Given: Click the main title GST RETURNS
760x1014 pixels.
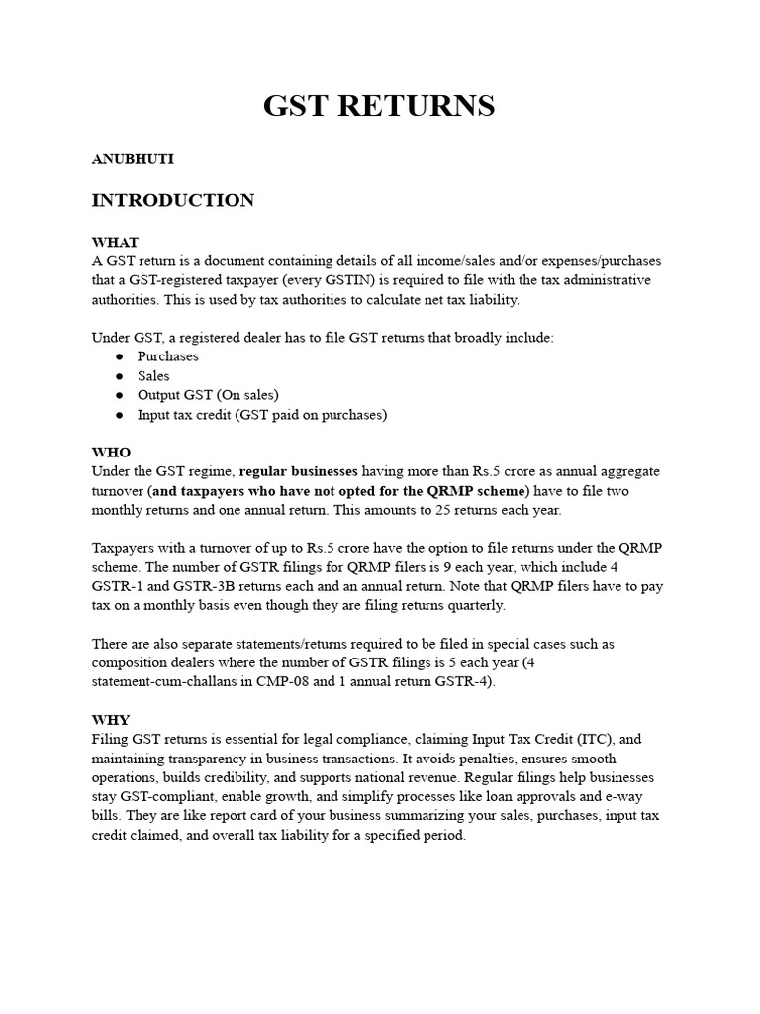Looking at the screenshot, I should (x=379, y=106).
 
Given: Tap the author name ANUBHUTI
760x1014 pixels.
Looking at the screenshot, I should (x=133, y=158).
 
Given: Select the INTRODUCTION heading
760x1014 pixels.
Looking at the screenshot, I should (x=172, y=201).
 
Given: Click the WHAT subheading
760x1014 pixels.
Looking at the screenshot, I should (x=115, y=242).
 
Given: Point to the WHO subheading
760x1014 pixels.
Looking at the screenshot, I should (x=111, y=453).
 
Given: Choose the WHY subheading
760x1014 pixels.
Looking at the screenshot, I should (x=111, y=720).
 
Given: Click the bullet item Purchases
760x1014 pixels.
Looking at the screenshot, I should (x=167, y=356).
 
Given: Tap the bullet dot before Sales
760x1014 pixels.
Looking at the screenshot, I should (x=119, y=376).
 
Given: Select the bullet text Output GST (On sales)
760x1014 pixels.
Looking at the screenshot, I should (x=208, y=395).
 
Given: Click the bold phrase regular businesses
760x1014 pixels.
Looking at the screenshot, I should (x=299, y=471).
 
